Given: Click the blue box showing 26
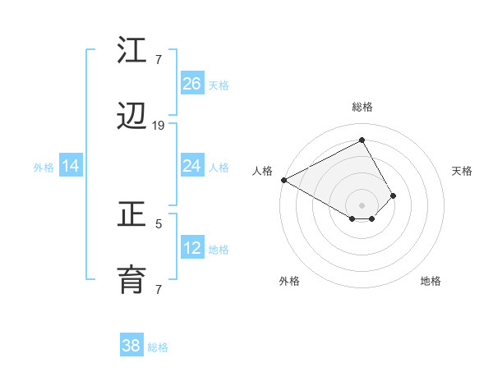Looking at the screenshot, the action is pyautogui.click(x=192, y=83).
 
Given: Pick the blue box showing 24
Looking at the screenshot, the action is pyautogui.click(x=192, y=166).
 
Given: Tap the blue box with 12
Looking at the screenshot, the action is pyautogui.click(x=192, y=248).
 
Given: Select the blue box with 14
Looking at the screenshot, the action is pyautogui.click(x=71, y=166).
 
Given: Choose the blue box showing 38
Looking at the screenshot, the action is pyautogui.click(x=131, y=346).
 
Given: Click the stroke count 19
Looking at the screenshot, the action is pyautogui.click(x=159, y=125).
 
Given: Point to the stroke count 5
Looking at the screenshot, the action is pyautogui.click(x=159, y=222).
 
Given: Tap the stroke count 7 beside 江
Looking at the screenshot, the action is pyautogui.click(x=159, y=58).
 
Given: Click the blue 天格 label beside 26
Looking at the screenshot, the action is pyautogui.click(x=219, y=85).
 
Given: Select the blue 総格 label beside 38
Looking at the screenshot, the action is pyautogui.click(x=158, y=347).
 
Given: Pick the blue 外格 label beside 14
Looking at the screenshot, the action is pyautogui.click(x=44, y=167).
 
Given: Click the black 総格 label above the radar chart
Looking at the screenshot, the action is pyautogui.click(x=362, y=107).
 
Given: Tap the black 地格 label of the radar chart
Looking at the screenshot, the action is pyautogui.click(x=431, y=281).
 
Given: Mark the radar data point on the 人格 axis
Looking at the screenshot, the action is pyautogui.click(x=283, y=179).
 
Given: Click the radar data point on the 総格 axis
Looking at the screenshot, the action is pyautogui.click(x=362, y=140).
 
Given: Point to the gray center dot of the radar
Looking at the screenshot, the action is pyautogui.click(x=362, y=204).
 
